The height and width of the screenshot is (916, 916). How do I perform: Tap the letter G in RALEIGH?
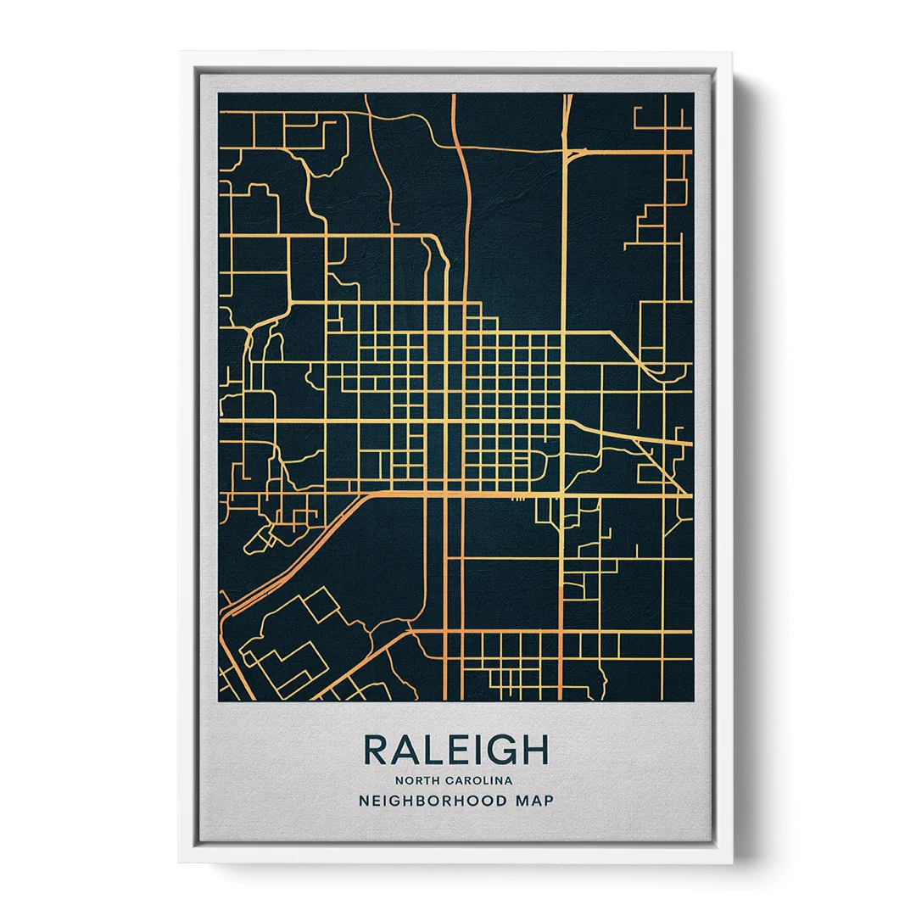click(503, 750)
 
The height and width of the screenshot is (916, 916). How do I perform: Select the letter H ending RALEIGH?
click(535, 750)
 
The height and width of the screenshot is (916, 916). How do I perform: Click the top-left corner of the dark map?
click(218, 93)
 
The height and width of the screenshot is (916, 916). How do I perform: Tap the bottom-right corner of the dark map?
click(694, 701)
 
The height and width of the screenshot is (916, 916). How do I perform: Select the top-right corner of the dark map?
click(694, 93)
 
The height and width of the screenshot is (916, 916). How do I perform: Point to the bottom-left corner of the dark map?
click(218, 701)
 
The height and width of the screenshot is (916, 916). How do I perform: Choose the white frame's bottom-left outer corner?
click(177, 864)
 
